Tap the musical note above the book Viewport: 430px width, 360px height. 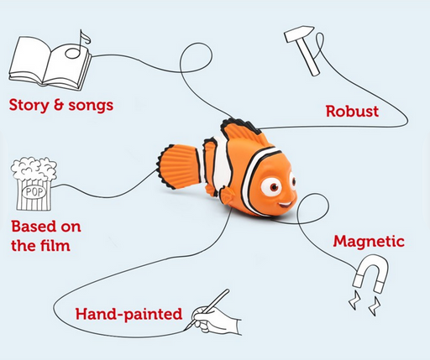[81, 39]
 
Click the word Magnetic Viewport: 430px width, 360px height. [369, 242]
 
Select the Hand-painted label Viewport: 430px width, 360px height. [128, 314]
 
